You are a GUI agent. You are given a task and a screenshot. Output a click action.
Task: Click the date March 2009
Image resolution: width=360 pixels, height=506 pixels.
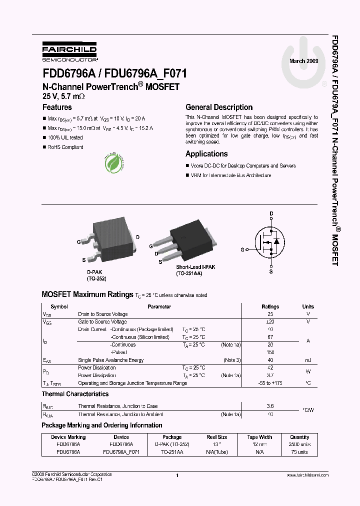pos(303,60)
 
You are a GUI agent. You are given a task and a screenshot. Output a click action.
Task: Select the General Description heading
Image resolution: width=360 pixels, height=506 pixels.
pos(219,107)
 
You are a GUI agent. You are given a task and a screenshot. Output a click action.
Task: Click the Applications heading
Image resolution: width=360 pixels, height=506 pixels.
pos(206,154)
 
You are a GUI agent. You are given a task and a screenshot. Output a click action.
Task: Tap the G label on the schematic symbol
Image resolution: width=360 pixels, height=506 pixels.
pos(242,249)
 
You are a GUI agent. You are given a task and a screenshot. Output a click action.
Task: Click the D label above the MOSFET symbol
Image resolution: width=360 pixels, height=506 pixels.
pos(271,213)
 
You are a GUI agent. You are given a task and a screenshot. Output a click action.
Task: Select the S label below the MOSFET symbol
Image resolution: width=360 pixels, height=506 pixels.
pos(271,271)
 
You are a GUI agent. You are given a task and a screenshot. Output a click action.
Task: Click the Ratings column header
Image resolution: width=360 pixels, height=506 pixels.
pos(270,306)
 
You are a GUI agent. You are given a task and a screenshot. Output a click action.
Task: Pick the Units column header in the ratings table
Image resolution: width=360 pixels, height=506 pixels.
pos(308,306)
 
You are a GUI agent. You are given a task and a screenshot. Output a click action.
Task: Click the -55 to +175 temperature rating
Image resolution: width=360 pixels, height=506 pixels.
pos(270,383)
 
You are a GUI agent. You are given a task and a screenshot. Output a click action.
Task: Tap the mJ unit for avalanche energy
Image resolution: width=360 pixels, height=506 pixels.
pos(308,360)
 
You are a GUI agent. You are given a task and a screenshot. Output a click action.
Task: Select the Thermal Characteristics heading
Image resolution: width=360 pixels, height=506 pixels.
pos(75,394)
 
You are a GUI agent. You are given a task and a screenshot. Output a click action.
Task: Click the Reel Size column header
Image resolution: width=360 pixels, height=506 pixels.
pos(217,437)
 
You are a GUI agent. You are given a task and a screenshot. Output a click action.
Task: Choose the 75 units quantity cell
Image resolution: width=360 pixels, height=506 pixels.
pos(300,451)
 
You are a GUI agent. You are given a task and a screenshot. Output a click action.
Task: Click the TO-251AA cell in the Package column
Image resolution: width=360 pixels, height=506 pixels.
pos(172,451)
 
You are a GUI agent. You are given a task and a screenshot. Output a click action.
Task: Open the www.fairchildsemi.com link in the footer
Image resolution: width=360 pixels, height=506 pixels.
pos(307,475)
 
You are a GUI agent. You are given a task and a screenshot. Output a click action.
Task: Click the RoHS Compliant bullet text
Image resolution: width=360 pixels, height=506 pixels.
pos(65,147)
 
